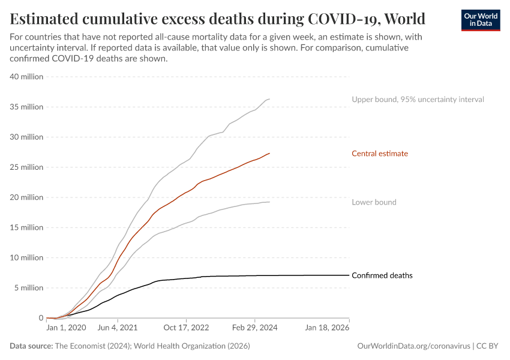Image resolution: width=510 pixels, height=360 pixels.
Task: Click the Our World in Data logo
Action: [480, 20]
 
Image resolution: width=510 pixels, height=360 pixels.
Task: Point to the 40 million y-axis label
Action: [26, 77]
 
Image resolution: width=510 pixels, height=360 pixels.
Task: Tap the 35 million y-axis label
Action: [26, 107]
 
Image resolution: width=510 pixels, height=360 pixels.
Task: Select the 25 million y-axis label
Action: [26, 167]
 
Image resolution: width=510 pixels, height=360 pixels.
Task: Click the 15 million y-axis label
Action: [26, 227]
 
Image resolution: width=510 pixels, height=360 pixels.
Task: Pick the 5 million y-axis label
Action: [28, 288]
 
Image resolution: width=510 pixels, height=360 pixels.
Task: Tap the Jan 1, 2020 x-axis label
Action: [66, 329]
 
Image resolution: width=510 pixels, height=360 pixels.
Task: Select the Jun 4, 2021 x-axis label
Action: [118, 329]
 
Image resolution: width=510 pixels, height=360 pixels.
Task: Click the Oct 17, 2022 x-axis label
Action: [187, 329]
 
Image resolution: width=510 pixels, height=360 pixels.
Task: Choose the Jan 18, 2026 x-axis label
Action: [326, 329]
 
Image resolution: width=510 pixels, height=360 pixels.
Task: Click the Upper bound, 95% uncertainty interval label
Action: [418, 99]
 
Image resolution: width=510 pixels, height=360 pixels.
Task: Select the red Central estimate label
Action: [380, 154]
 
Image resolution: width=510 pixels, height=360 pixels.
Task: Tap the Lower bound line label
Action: [374, 202]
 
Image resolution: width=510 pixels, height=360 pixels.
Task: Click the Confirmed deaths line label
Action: [382, 275]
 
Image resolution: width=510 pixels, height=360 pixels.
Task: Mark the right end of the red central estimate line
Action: [269, 154]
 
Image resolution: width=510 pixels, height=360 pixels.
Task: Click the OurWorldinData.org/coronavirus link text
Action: [413, 346]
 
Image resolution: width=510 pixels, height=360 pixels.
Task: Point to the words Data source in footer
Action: [31, 346]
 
